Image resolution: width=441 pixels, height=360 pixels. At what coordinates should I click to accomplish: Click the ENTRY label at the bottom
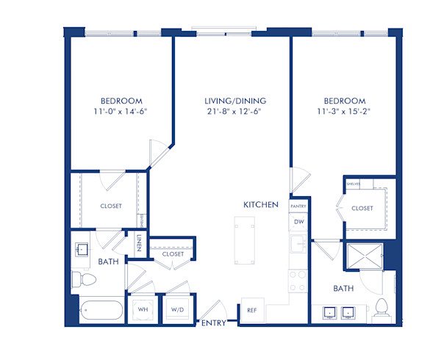[x=214, y=321]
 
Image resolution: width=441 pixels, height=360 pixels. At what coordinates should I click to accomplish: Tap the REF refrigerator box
[x=251, y=310]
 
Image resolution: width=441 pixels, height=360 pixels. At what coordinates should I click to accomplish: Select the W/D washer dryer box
[x=177, y=309]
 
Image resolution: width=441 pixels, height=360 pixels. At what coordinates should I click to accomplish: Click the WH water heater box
[x=143, y=309]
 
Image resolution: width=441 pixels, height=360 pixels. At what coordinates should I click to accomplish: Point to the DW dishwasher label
[x=298, y=222]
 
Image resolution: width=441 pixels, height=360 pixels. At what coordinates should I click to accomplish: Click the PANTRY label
[x=298, y=208]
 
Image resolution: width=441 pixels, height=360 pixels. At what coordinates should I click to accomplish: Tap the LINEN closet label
[x=139, y=242]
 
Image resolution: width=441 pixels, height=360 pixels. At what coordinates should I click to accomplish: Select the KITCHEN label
[x=261, y=204]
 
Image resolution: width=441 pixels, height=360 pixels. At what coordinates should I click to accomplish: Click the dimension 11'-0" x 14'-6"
[x=122, y=112]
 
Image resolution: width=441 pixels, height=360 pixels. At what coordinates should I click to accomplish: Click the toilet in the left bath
[x=83, y=280]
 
